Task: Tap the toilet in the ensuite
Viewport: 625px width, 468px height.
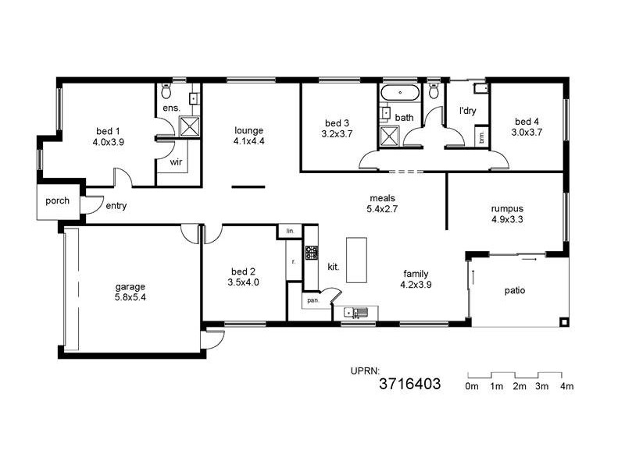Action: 166,91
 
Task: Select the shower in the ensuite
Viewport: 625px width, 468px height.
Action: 189,126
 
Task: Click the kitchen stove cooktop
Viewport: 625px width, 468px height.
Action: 312,252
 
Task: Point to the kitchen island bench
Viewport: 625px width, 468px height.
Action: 356,260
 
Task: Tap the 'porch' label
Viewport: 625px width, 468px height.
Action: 57,200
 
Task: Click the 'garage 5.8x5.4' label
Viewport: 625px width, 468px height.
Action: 131,292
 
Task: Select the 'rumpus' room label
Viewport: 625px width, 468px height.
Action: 506,208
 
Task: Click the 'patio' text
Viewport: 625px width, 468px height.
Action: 514,291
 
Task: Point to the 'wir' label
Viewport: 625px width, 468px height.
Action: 176,164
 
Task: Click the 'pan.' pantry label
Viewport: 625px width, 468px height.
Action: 312,300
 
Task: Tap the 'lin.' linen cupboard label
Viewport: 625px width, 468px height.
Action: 289,232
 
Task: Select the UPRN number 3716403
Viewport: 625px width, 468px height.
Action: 409,384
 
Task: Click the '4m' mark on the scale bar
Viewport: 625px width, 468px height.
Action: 566,386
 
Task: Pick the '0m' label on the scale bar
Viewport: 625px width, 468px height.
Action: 472,386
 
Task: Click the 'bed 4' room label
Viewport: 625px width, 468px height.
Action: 527,121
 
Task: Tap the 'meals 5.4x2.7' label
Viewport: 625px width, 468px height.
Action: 383,204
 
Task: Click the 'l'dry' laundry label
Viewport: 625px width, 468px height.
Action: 467,111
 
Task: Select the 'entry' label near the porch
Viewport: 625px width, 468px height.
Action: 116,206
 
